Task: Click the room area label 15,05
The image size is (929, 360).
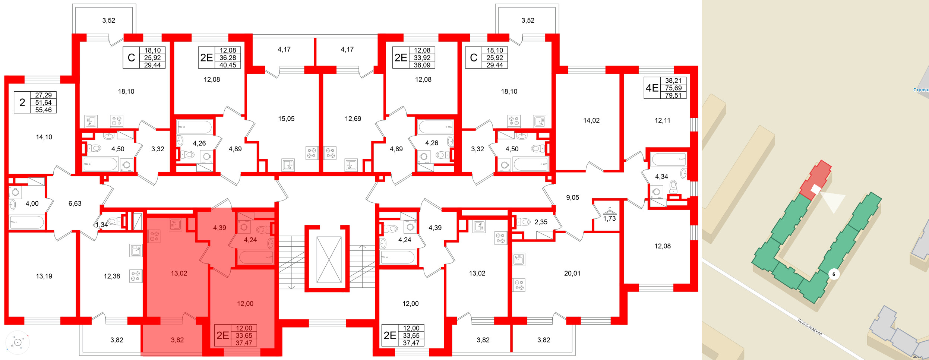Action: click(x=286, y=119)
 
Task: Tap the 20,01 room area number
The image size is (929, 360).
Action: click(x=572, y=274)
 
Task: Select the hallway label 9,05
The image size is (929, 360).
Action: click(x=572, y=198)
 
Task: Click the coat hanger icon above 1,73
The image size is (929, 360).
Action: click(x=610, y=211)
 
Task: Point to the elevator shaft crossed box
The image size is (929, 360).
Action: click(x=329, y=260)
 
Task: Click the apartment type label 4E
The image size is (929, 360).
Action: click(x=652, y=88)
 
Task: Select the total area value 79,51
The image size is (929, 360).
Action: click(x=673, y=95)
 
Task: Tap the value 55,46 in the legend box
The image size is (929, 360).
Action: click(x=43, y=110)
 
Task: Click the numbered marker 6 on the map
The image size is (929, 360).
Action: click(x=834, y=274)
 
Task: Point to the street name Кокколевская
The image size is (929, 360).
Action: click(x=810, y=326)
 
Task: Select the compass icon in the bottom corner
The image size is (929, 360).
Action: click(x=18, y=342)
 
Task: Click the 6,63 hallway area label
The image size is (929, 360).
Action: click(x=75, y=203)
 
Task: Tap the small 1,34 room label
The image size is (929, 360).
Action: click(x=101, y=225)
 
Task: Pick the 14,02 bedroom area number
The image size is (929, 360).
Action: click(x=591, y=120)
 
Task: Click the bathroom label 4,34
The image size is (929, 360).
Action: click(x=661, y=177)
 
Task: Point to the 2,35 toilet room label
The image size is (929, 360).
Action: click(x=541, y=222)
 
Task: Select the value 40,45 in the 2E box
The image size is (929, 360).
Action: click(x=228, y=65)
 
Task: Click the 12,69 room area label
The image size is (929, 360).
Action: click(x=353, y=119)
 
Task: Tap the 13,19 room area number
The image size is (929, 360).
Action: click(x=44, y=276)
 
